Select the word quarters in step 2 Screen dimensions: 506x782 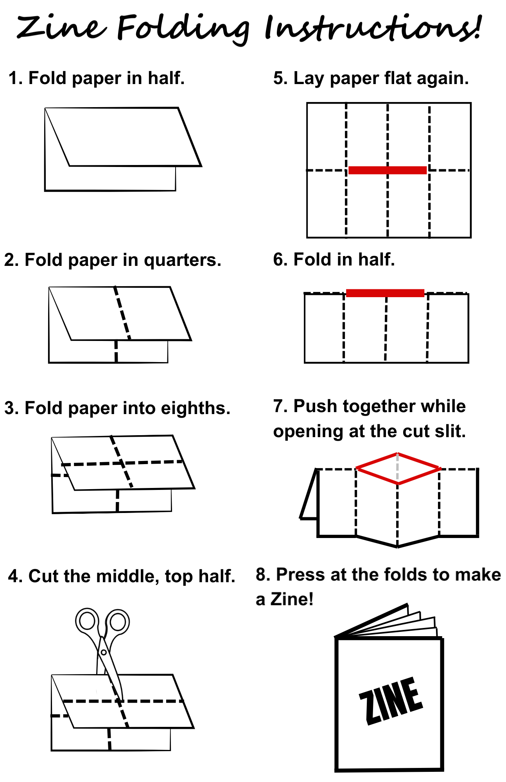(x=182, y=260)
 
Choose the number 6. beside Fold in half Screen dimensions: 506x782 (x=280, y=260)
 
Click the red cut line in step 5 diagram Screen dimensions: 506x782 (x=387, y=170)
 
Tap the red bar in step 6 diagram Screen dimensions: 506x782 (x=385, y=293)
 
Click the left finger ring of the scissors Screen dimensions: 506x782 (x=87, y=621)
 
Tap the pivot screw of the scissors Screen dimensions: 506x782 (x=104, y=652)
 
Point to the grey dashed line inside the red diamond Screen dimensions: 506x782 (x=398, y=467)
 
